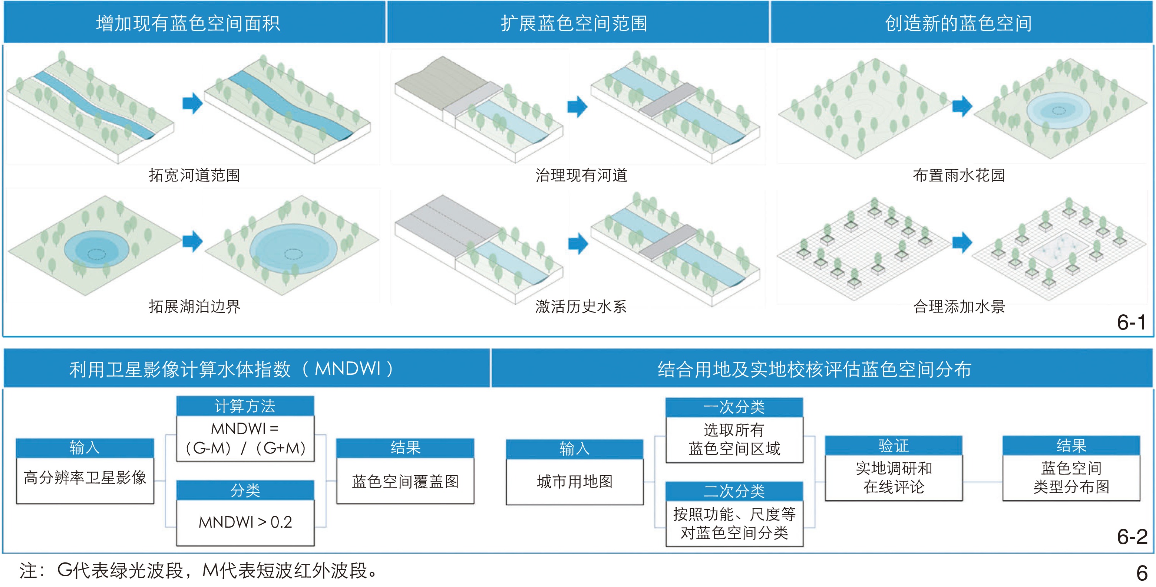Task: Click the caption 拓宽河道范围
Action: click(x=194, y=175)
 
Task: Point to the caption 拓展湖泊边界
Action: click(x=194, y=307)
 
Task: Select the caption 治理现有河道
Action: click(x=581, y=175)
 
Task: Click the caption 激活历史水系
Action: click(x=581, y=307)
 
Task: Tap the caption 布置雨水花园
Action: click(x=959, y=175)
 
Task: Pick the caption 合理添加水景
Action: click(x=959, y=307)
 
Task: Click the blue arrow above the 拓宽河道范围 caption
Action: click(x=192, y=103)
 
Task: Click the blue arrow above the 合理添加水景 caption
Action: click(x=962, y=243)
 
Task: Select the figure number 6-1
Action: click(x=1131, y=322)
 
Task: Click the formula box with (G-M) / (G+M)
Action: click(x=245, y=438)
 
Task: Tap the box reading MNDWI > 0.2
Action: click(x=245, y=522)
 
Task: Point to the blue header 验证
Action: click(x=894, y=446)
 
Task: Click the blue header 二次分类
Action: click(x=734, y=491)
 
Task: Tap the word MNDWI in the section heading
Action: click(x=348, y=369)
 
